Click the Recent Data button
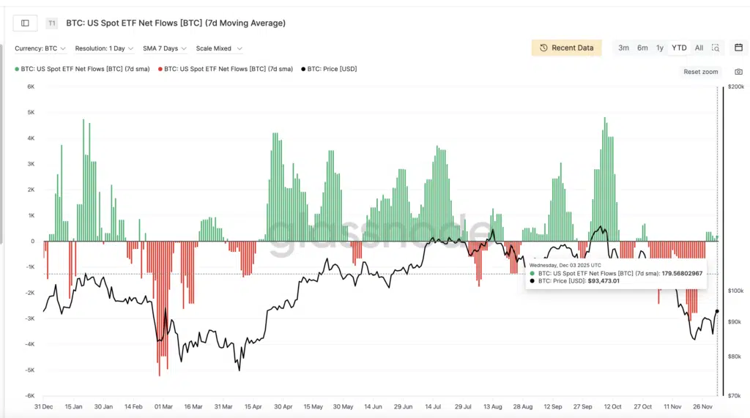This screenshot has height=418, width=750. [567, 48]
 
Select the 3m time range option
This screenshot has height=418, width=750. [623, 48]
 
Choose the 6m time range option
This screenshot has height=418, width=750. [642, 48]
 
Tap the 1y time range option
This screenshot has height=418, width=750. [660, 48]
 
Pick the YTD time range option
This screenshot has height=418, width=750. [679, 48]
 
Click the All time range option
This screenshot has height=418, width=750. [699, 48]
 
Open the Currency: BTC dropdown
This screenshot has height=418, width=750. [40, 48]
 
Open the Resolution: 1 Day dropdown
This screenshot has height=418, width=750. [104, 48]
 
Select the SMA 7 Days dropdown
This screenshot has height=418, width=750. [164, 48]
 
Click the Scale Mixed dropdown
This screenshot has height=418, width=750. [218, 48]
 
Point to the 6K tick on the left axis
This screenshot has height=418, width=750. [31, 86]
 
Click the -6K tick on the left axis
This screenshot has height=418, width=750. [30, 395]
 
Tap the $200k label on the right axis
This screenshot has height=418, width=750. [736, 87]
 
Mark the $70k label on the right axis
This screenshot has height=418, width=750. [735, 395]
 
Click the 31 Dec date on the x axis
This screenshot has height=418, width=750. [43, 406]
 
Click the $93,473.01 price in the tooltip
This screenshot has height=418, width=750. [604, 280]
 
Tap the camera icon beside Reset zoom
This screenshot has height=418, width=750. [738, 72]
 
